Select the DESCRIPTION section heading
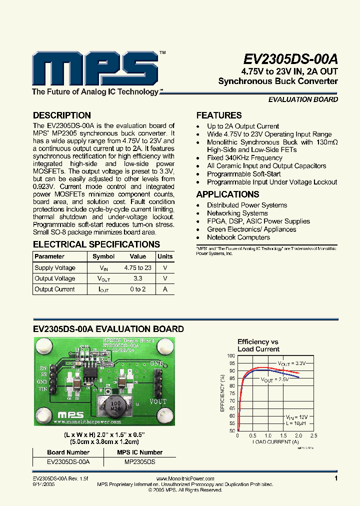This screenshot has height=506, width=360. pyautogui.click(x=61, y=115)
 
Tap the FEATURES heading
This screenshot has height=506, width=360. pyautogui.click(x=219, y=115)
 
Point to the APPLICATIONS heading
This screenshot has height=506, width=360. pyautogui.click(x=227, y=194)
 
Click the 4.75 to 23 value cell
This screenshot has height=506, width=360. pyautogui.click(x=137, y=268)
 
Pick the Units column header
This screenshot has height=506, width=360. pyautogui.click(x=165, y=256)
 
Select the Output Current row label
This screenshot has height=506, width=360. pyautogui.click(x=54, y=289)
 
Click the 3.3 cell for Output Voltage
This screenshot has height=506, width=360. pyautogui.click(x=137, y=278)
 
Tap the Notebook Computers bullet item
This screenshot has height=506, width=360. pyautogui.click(x=238, y=237)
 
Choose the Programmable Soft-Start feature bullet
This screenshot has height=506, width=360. pyautogui.click(x=244, y=174)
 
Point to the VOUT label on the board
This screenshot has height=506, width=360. pyautogui.click(x=157, y=401)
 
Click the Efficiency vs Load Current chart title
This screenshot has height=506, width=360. pyautogui.click(x=258, y=345)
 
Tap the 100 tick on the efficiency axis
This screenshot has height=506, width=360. pyautogui.click(x=231, y=356)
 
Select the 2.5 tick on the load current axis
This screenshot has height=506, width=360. pyautogui.click(x=314, y=435)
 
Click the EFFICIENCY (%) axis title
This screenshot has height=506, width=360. pyautogui.click(x=222, y=393)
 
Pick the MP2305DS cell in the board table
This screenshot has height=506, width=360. pyautogui.click(x=139, y=462)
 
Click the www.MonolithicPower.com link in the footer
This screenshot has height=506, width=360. pyautogui.click(x=188, y=479)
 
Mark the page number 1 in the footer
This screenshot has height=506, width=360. pyautogui.click(x=336, y=478)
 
